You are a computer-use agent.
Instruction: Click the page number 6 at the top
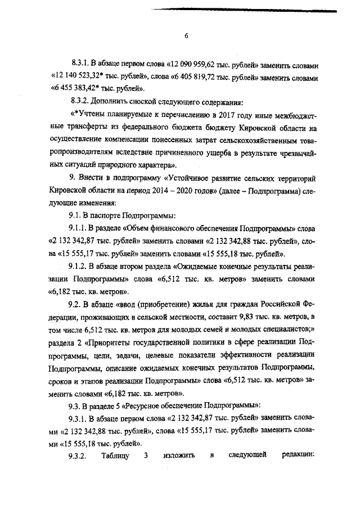point(186,36)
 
